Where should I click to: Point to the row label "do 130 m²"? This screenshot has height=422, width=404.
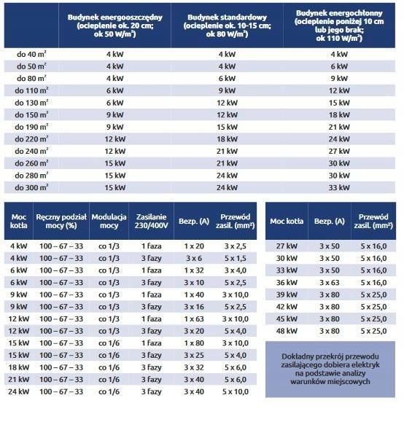pyautogui.click(x=31, y=103)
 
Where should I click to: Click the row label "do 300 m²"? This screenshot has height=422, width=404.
pyautogui.click(x=31, y=187)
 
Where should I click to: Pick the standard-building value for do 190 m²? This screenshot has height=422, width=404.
pyautogui.click(x=227, y=127)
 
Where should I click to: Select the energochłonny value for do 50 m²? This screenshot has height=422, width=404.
pyautogui.click(x=339, y=66)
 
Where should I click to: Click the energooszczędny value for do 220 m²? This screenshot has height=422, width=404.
pyautogui.click(x=115, y=139)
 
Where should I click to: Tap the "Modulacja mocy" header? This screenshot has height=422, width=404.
pyautogui.click(x=109, y=221)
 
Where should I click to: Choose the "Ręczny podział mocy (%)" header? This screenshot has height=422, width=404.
pyautogui.click(x=61, y=221)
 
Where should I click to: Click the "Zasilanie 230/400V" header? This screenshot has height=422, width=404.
pyautogui.click(x=151, y=221)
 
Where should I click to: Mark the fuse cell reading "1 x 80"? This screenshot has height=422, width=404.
pyautogui.click(x=194, y=343)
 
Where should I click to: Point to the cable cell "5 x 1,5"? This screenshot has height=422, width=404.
pyautogui.click(x=236, y=258)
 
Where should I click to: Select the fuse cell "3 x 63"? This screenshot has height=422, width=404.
pyautogui.click(x=330, y=283)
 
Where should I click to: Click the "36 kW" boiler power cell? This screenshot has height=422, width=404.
pyautogui.click(x=287, y=283)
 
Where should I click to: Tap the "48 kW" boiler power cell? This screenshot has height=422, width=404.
pyautogui.click(x=287, y=331)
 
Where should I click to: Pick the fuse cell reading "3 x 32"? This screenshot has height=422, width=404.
pyautogui.click(x=194, y=367)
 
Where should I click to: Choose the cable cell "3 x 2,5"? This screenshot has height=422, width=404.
pyautogui.click(x=236, y=246)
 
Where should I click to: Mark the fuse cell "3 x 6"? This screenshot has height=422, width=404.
pyautogui.click(x=194, y=258)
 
